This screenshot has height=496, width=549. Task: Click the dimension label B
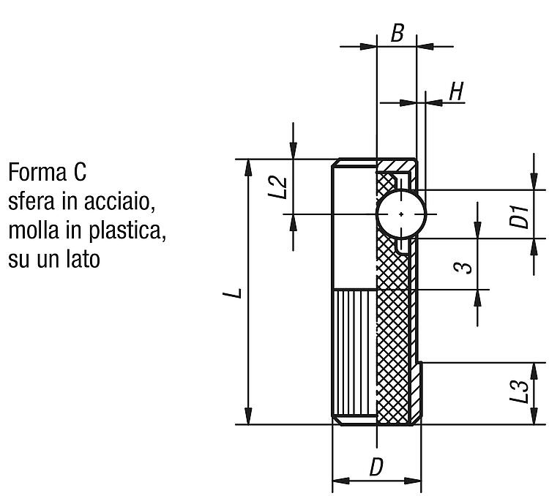[x=397, y=33]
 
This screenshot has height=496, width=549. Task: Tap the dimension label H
[x=456, y=91]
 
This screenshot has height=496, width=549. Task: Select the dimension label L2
[x=278, y=187]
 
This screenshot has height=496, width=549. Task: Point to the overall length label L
[x=233, y=293]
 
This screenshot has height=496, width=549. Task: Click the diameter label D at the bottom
[x=376, y=467]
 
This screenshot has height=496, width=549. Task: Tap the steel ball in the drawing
[x=401, y=214]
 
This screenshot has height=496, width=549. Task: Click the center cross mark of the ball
[x=401, y=214]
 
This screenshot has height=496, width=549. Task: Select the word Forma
[x=37, y=173]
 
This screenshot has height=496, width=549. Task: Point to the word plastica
[x=127, y=231]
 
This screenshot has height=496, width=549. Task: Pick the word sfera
[x=31, y=202]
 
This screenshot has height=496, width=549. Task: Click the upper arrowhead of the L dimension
[x=248, y=168]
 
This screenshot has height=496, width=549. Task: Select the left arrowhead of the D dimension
[x=340, y=481]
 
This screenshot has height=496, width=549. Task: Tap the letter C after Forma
[x=80, y=173]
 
